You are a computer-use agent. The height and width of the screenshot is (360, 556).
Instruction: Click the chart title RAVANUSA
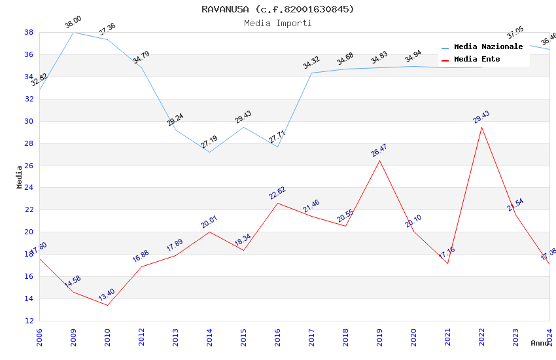click(x=277, y=9)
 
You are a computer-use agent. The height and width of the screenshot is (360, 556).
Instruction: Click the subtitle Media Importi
click(x=277, y=23)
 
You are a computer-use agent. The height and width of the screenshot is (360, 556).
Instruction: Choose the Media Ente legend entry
click(x=477, y=60)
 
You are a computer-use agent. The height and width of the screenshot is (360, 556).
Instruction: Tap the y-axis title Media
click(x=20, y=177)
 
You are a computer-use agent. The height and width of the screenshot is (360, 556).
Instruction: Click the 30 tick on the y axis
click(x=29, y=121)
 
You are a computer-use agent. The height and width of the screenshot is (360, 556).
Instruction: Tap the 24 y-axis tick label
click(x=29, y=188)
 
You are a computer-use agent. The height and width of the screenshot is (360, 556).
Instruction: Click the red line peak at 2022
click(x=481, y=127)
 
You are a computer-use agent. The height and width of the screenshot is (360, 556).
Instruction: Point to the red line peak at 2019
click(x=379, y=160)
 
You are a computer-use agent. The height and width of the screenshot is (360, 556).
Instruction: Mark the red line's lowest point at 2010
click(x=107, y=305)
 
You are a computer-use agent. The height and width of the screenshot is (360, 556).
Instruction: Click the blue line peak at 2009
click(x=73, y=32)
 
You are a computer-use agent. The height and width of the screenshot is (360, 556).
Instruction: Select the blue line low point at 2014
click(x=209, y=152)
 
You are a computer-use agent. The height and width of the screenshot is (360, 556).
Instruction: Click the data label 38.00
click(x=73, y=24)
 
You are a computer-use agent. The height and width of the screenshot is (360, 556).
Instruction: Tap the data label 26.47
click(x=379, y=151)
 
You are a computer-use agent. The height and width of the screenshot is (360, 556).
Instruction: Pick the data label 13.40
click(x=107, y=295)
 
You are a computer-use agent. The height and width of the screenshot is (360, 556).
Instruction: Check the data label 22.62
click(x=277, y=193)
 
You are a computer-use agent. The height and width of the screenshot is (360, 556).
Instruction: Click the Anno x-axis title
click(x=540, y=343)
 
